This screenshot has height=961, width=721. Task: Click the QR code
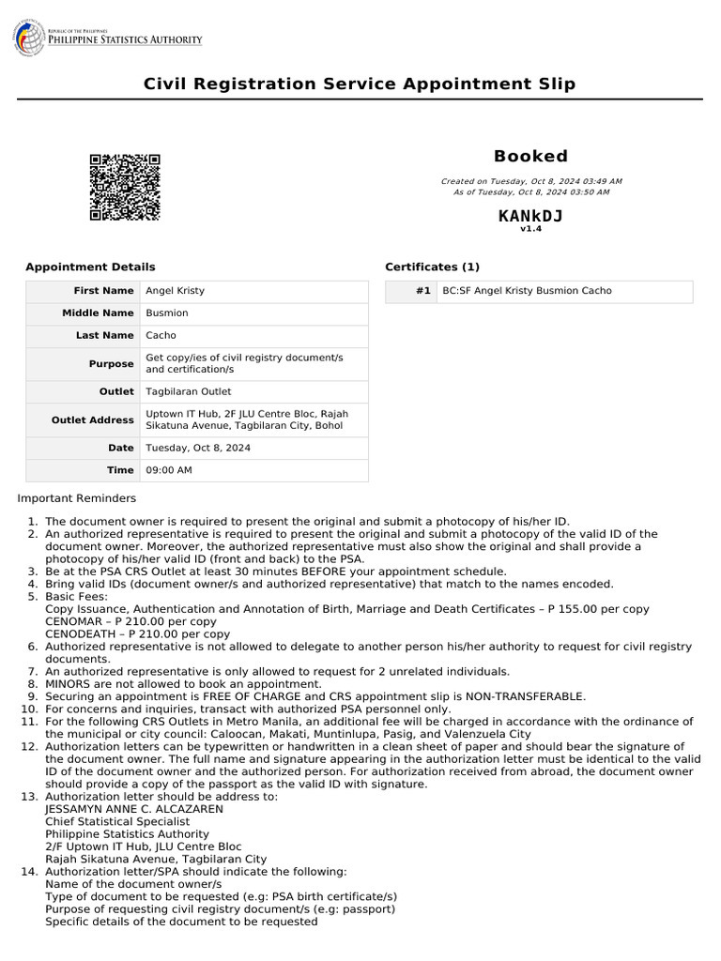click(x=125, y=187)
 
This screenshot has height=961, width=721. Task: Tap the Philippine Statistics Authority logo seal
click(x=28, y=38)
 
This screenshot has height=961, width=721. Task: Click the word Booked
click(x=530, y=156)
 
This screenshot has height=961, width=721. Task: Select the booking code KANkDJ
click(x=530, y=216)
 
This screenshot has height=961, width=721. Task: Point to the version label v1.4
click(x=530, y=228)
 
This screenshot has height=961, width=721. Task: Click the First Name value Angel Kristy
click(x=176, y=291)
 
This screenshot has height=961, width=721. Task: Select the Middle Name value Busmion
click(x=167, y=313)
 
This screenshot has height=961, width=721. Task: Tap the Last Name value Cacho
click(x=161, y=336)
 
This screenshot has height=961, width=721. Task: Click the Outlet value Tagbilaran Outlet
click(x=189, y=392)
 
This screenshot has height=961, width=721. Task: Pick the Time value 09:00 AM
click(x=169, y=470)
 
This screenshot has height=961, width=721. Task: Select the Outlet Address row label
click(x=93, y=420)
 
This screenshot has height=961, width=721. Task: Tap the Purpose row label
click(x=112, y=364)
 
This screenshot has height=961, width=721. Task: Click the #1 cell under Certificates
click(x=422, y=292)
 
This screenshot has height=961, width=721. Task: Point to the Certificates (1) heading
click(x=432, y=267)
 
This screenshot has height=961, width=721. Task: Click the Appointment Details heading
click(x=90, y=267)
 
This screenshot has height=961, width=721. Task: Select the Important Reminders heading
click(x=77, y=498)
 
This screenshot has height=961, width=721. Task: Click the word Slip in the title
click(x=554, y=84)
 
